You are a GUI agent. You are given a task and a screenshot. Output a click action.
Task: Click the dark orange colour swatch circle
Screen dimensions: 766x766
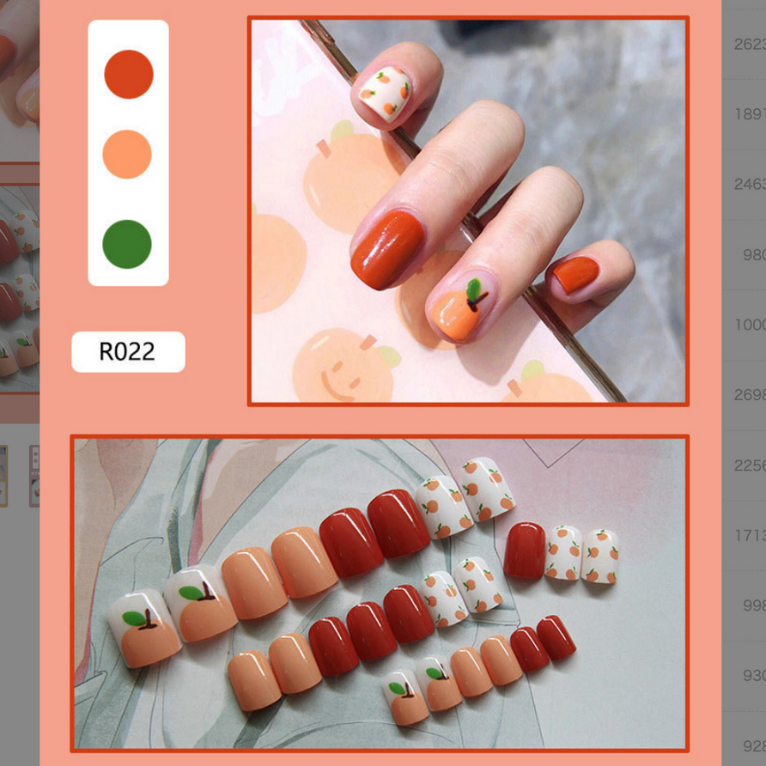[129, 74]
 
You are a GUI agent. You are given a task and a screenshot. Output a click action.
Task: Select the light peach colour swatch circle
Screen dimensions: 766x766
[127, 155]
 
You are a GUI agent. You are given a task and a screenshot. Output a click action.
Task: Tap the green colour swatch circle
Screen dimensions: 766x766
[127, 244]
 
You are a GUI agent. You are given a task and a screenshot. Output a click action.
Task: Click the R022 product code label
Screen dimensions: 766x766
[128, 351]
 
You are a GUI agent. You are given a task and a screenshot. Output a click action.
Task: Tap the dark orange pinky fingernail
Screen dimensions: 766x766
[574, 275]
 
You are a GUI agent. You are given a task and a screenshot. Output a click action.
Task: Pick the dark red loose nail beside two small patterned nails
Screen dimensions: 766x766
[524, 550]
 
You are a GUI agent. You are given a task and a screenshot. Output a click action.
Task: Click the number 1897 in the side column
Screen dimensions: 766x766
[750, 114]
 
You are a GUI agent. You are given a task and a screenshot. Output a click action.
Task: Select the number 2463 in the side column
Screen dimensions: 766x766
[750, 184]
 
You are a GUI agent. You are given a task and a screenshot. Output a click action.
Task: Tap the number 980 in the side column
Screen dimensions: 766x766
[754, 255]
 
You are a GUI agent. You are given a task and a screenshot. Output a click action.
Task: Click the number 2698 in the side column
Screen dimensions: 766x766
[750, 395]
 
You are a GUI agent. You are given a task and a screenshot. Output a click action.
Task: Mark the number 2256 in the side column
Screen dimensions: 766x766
[750, 465]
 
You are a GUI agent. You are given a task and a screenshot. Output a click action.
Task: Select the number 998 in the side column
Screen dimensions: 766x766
[754, 605]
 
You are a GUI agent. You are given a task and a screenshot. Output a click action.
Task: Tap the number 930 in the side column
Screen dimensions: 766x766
[754, 676]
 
